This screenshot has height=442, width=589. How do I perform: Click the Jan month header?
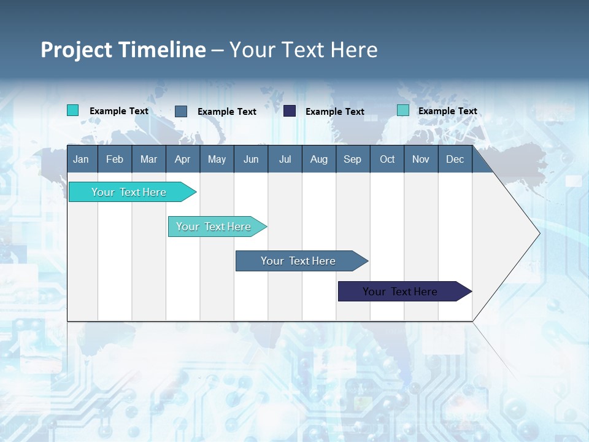point(81,159)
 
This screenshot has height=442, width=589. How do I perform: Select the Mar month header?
point(148,159)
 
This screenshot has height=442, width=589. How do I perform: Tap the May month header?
point(217,159)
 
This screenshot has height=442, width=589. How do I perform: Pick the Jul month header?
point(285,159)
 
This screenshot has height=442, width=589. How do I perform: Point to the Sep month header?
point(352,159)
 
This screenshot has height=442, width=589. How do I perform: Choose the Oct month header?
point(387,159)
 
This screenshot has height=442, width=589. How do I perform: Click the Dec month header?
point(455,159)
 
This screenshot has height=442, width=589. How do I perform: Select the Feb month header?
point(115,159)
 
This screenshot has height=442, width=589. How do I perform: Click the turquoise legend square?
point(72,110)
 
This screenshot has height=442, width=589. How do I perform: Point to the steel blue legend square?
point(181,111)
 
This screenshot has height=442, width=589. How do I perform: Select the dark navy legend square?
point(290,111)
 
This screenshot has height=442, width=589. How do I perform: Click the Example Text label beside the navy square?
point(335,112)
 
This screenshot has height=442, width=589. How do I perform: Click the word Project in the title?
point(76,50)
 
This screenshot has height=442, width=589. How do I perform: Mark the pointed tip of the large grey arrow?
point(539,233)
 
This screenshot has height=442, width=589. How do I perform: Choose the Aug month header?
point(318,159)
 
